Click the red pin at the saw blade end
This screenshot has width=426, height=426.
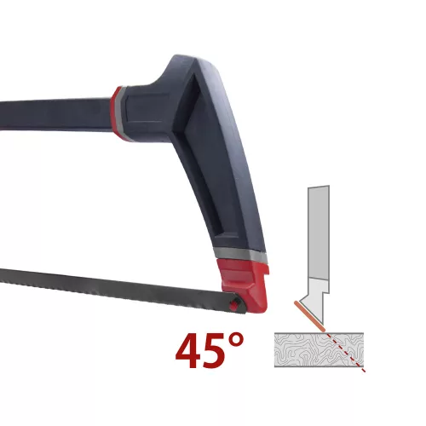(x=233, y=306)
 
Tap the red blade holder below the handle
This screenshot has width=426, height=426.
(x=245, y=284)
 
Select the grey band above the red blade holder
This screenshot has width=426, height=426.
(x=240, y=254)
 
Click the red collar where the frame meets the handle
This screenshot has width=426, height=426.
(x=117, y=113)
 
